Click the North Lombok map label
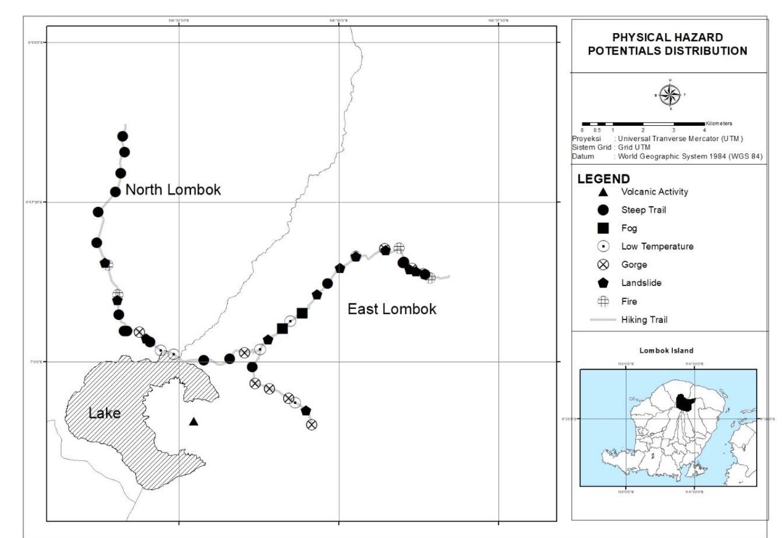coord(173,190)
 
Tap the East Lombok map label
coord(392,309)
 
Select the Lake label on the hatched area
coord(104,413)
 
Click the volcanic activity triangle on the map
coord(193,422)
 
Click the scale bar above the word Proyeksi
coord(643,124)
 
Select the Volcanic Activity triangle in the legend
coord(603,192)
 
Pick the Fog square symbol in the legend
coord(603,228)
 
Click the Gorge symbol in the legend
coord(603,264)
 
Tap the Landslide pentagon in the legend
coord(603,283)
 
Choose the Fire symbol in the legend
coord(603,301)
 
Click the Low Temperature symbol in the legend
coord(603,246)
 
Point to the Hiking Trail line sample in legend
coord(603,319)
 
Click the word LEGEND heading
coord(603,179)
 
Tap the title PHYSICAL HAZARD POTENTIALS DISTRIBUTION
coord(667,44)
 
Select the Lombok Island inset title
coord(666,350)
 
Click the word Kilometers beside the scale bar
coord(719,124)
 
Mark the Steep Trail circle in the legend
coord(603,210)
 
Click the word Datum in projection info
coord(583,156)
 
